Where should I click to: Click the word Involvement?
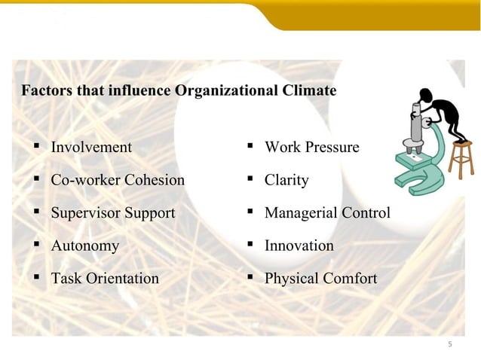90,148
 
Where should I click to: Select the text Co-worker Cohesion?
117,181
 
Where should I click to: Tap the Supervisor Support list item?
112,213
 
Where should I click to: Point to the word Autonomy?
84,246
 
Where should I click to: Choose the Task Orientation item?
105,279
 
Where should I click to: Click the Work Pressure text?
311,148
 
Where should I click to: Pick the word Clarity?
286,181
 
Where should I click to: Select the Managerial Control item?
327,213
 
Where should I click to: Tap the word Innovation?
299,246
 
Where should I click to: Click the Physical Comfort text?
320,279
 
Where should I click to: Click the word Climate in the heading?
311,92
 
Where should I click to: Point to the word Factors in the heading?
45,92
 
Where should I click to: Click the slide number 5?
450,344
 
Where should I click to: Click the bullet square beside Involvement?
35,145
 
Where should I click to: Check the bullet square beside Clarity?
249,178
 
